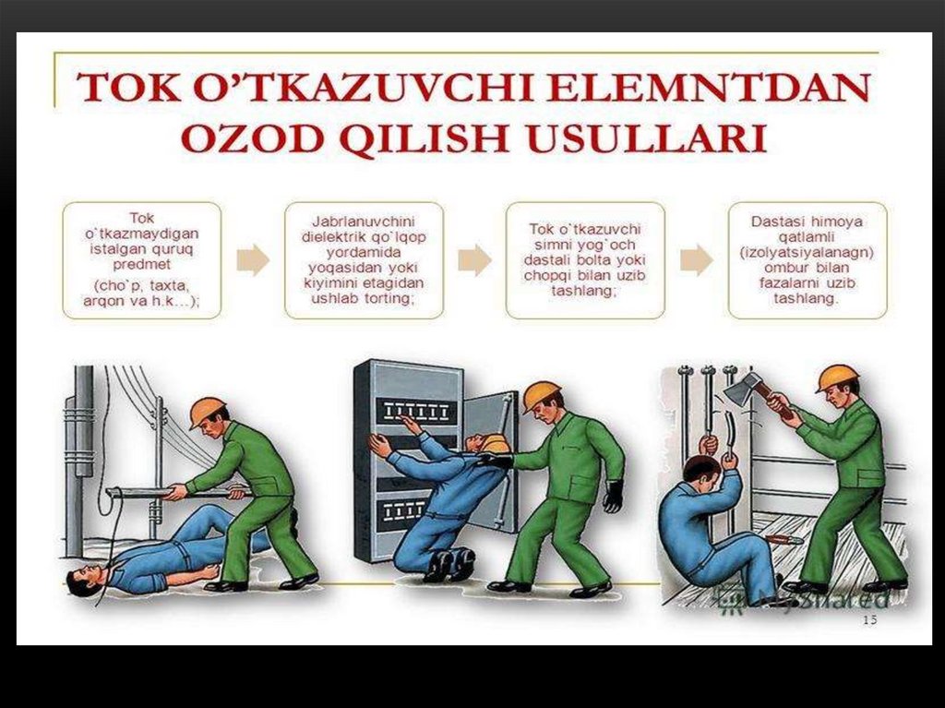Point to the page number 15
click(869, 620)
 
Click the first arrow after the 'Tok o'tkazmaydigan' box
click(253, 260)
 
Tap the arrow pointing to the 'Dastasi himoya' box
click(698, 260)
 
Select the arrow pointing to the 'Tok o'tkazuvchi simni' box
click(475, 260)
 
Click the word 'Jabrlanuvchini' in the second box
click(363, 222)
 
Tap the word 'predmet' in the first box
click(141, 265)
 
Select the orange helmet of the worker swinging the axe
click(836, 378)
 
